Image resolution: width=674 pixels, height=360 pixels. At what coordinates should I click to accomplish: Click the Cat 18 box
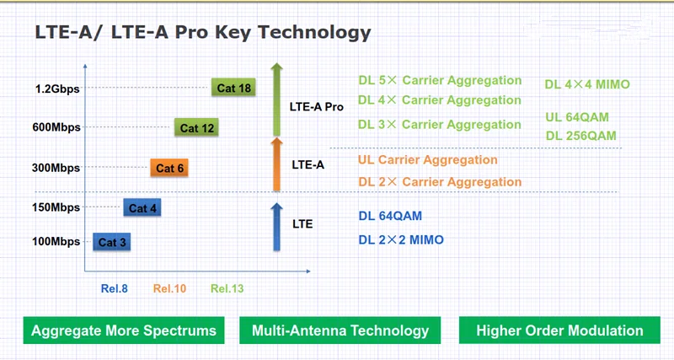[x=233, y=87]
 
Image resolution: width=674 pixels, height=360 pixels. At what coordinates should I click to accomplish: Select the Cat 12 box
[x=198, y=127]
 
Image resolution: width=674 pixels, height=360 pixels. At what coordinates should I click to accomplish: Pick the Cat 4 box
[x=143, y=207]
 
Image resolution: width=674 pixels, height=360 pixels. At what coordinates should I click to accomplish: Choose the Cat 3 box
[x=112, y=242]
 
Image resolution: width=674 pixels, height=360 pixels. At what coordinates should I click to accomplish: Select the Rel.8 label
[x=114, y=288]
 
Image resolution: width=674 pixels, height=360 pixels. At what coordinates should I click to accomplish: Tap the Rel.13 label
[x=227, y=288]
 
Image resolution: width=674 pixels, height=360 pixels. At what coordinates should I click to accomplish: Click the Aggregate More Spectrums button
[x=123, y=330]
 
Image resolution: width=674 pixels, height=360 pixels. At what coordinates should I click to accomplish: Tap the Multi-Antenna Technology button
[x=340, y=330]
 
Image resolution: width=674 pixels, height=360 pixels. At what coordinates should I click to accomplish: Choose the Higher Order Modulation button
[x=559, y=330]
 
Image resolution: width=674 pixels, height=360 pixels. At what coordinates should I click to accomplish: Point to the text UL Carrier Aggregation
[x=428, y=159]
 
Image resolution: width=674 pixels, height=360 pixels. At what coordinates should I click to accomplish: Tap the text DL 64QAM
[x=390, y=216]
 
